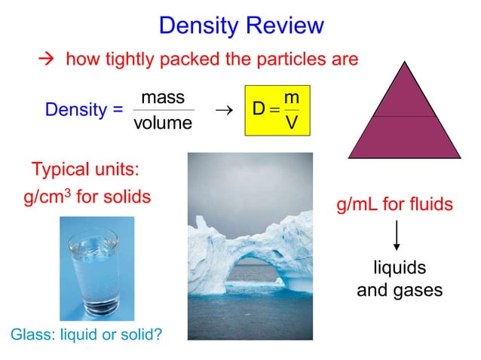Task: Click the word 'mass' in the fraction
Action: click(x=163, y=98)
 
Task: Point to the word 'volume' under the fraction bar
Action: click(x=163, y=123)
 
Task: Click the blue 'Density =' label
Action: click(x=84, y=110)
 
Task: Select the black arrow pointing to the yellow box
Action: click(x=222, y=110)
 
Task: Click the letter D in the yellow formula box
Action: click(x=259, y=110)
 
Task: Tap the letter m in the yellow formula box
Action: click(x=291, y=99)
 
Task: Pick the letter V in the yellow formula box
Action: click(x=291, y=123)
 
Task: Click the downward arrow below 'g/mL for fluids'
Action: click(x=397, y=235)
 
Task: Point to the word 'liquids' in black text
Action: click(x=400, y=268)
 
